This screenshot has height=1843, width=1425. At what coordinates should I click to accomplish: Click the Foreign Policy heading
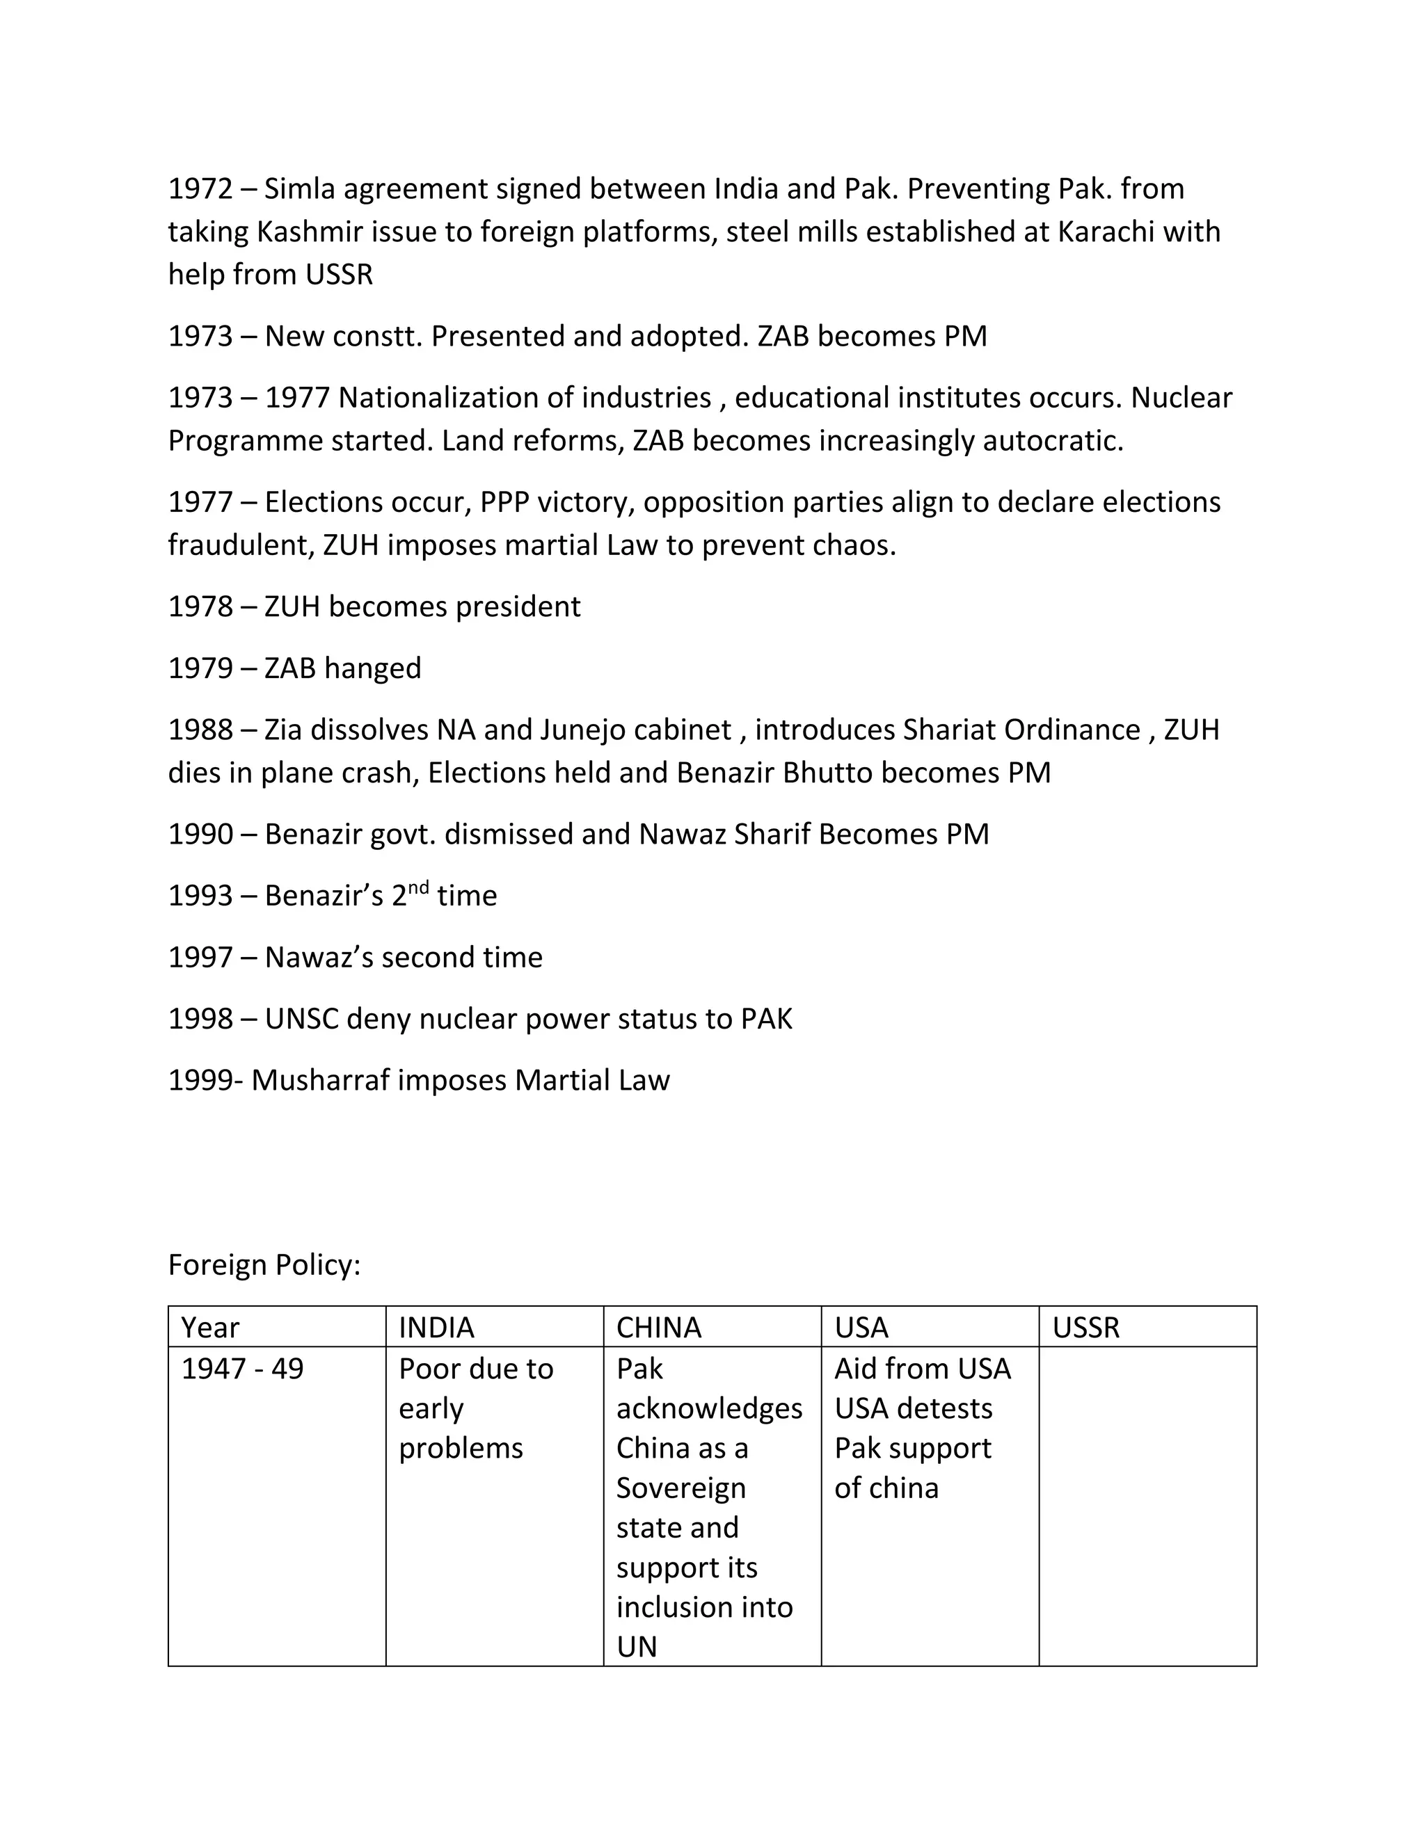[x=264, y=1265]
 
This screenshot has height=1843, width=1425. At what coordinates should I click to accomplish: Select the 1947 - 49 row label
[x=242, y=1369]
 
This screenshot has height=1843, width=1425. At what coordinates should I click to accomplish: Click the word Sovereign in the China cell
[x=680, y=1488]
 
